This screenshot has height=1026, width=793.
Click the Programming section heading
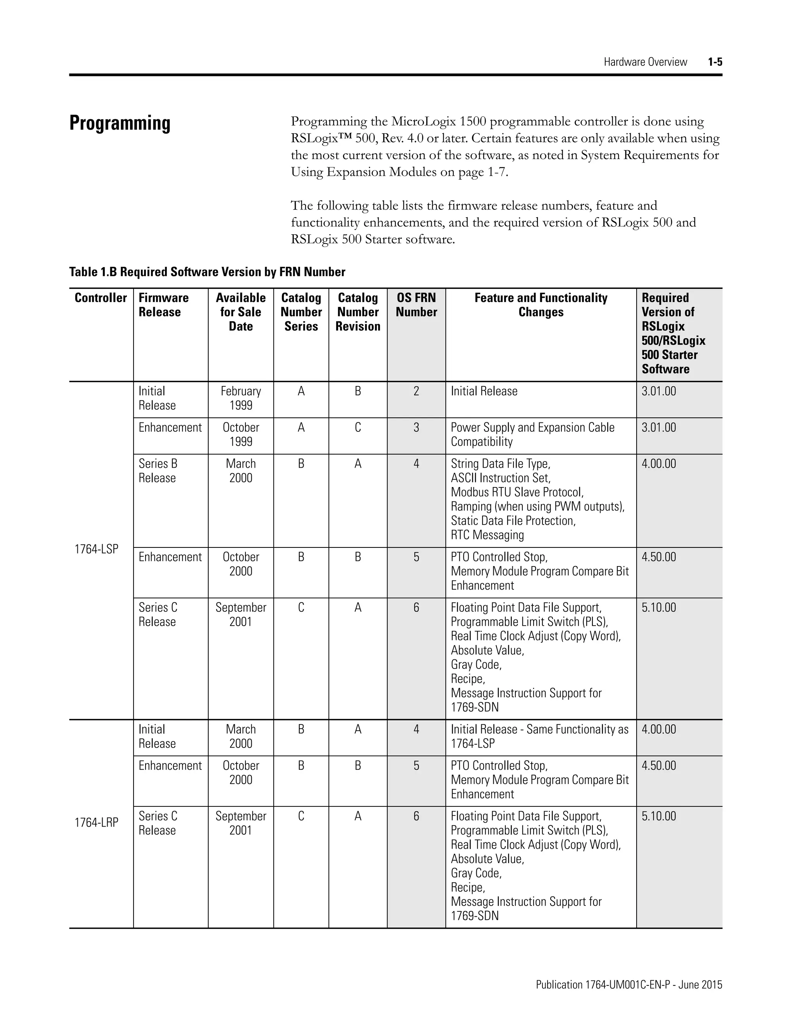pos(120,123)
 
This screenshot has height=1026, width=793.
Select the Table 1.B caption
pos(207,272)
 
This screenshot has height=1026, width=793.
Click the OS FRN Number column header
pos(416,305)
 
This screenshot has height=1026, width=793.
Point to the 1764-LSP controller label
pos(96,549)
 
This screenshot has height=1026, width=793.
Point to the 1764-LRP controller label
pos(96,822)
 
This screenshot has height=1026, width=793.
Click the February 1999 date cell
pos(240,398)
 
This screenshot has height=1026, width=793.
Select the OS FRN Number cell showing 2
pos(416,391)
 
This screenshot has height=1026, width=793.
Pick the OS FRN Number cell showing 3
pos(416,427)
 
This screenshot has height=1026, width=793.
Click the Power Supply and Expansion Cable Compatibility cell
pos(532,434)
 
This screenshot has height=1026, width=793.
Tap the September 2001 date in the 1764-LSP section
pos(240,614)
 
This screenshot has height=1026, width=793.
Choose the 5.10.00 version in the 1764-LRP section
pos(659,816)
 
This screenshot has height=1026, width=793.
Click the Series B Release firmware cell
pos(158,471)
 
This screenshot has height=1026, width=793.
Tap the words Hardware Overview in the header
pos(645,62)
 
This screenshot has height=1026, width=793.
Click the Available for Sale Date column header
pos(240,312)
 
